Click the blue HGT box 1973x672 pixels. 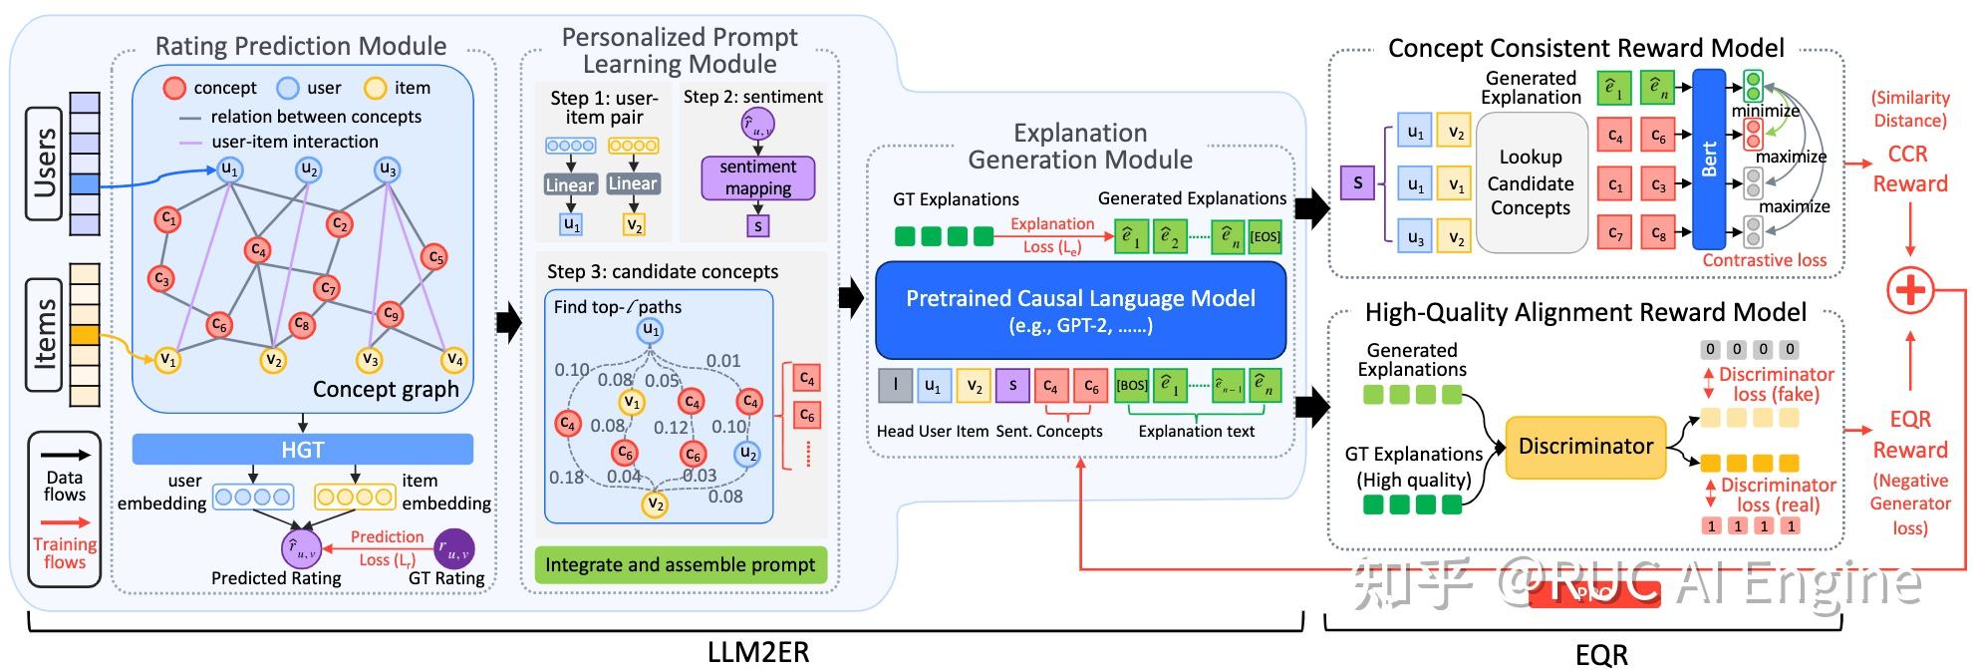(302, 450)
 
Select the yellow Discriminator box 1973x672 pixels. (1585, 447)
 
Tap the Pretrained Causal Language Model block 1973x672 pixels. (1080, 310)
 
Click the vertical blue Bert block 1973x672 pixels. (1709, 159)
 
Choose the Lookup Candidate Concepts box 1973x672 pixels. (1531, 182)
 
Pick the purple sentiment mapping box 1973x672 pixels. (757, 177)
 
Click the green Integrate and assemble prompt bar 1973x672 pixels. (681, 564)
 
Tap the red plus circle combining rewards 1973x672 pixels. (1910, 291)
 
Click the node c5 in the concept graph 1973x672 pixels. (433, 257)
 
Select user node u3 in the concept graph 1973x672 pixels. (388, 169)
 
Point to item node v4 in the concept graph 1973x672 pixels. (454, 359)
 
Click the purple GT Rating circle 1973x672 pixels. (454, 548)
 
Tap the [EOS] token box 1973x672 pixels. (1265, 236)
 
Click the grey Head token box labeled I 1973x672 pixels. (895, 385)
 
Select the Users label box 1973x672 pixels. (46, 163)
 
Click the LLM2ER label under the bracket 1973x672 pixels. (757, 652)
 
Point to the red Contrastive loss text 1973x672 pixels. (1764, 260)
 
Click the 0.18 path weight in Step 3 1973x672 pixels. (566, 478)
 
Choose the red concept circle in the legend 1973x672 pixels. (174, 88)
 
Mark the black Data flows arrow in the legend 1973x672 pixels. (65, 455)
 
